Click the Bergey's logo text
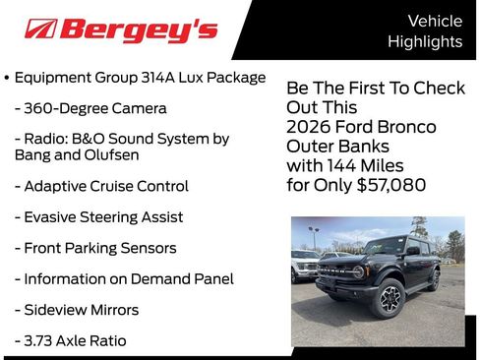[139, 30]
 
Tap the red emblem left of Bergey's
[40, 30]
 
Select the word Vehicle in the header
[434, 21]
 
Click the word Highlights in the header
[424, 41]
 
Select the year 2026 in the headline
[309, 127]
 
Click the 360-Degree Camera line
[90, 108]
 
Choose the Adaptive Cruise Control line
[101, 186]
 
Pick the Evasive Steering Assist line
[98, 216]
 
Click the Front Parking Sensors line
[95, 248]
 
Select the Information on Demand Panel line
[124, 278]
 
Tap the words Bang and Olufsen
[77, 154]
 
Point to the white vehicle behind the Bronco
[306, 266]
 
